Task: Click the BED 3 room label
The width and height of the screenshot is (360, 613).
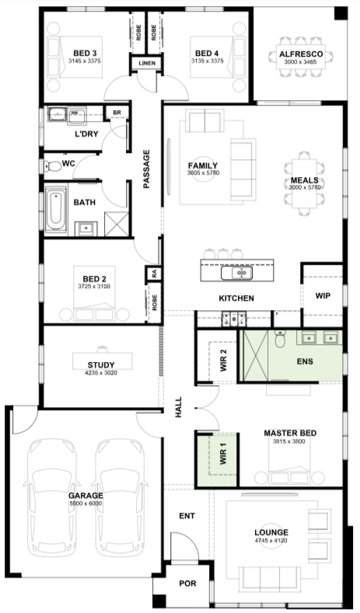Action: pos(85,53)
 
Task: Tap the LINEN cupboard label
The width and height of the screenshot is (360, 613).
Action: pos(147,63)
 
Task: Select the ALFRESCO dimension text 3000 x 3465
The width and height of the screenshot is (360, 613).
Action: pos(301,62)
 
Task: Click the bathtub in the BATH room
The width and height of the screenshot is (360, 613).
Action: pos(55,209)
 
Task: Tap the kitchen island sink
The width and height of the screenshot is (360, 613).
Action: pos(236,273)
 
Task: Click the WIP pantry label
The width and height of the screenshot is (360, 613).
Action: pos(323,295)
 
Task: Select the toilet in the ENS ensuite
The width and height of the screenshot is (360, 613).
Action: pos(280,339)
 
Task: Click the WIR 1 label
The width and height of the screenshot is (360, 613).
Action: pos(223,454)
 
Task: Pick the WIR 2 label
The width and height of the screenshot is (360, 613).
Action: pos(223,360)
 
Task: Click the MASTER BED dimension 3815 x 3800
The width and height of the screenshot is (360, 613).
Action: pos(289,442)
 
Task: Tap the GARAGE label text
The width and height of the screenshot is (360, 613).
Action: pos(86,496)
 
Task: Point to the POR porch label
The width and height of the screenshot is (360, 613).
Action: pos(187,583)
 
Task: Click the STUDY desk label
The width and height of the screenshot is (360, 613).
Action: pos(101,365)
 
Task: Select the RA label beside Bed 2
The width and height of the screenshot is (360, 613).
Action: pos(155,274)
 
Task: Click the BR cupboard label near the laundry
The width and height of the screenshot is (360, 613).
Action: pos(117,113)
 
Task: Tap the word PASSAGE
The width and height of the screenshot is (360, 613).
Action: pos(146,169)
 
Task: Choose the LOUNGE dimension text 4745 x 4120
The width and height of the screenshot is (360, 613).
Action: pos(271,541)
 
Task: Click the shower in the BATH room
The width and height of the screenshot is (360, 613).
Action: pos(117,224)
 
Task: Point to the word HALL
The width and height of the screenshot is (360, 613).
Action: pos(178,407)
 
